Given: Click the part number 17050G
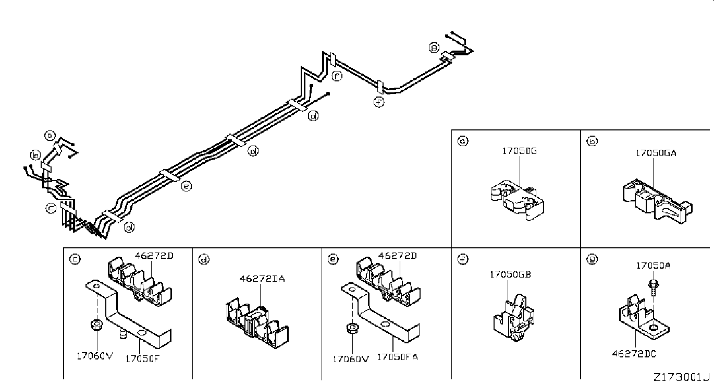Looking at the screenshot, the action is click(x=520, y=151).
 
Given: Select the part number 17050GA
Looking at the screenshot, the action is click(x=656, y=153).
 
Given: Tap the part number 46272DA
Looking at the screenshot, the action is click(x=262, y=279).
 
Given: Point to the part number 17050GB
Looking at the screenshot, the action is click(x=510, y=274).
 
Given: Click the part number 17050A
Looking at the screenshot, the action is click(x=654, y=266).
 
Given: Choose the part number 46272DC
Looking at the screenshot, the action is click(x=634, y=354).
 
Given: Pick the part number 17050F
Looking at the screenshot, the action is click(x=142, y=359).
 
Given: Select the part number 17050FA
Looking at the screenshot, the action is click(x=397, y=357).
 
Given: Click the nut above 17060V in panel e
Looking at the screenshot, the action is click(x=352, y=328).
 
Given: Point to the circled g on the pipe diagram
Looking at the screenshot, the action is click(x=434, y=47).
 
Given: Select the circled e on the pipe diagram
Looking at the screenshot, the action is click(x=187, y=186).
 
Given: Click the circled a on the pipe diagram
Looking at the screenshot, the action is click(x=50, y=136).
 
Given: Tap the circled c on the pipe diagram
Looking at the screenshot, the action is click(x=51, y=209).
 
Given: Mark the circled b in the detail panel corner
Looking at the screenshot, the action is click(x=592, y=141).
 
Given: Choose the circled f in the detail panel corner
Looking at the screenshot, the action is click(x=463, y=259).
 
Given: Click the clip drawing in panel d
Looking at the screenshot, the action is click(x=257, y=323).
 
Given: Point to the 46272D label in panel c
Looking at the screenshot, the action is click(x=154, y=256).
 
